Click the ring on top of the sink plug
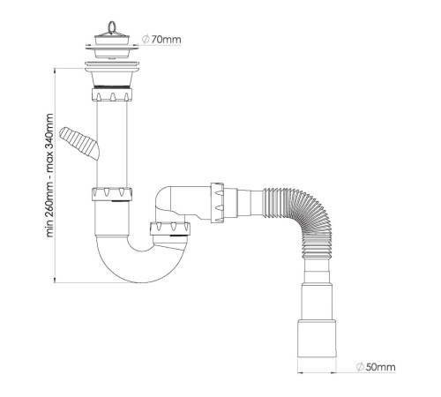pyautogui.click(x=112, y=26)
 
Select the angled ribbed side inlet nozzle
pyautogui.click(x=79, y=143)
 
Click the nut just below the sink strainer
pyautogui.click(x=112, y=94)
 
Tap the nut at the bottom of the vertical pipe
pyautogui.click(x=112, y=194)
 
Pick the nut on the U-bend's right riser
pyautogui.click(x=170, y=228)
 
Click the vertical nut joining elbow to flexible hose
pyautogui.click(x=217, y=203)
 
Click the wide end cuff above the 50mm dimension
pyautogui.click(x=317, y=339)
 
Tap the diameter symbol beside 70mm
pyautogui.click(x=146, y=40)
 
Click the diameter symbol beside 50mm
pyautogui.click(x=360, y=367)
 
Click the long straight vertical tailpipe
pyautogui.click(x=112, y=144)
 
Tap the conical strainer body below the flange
pyautogui.click(x=112, y=79)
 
